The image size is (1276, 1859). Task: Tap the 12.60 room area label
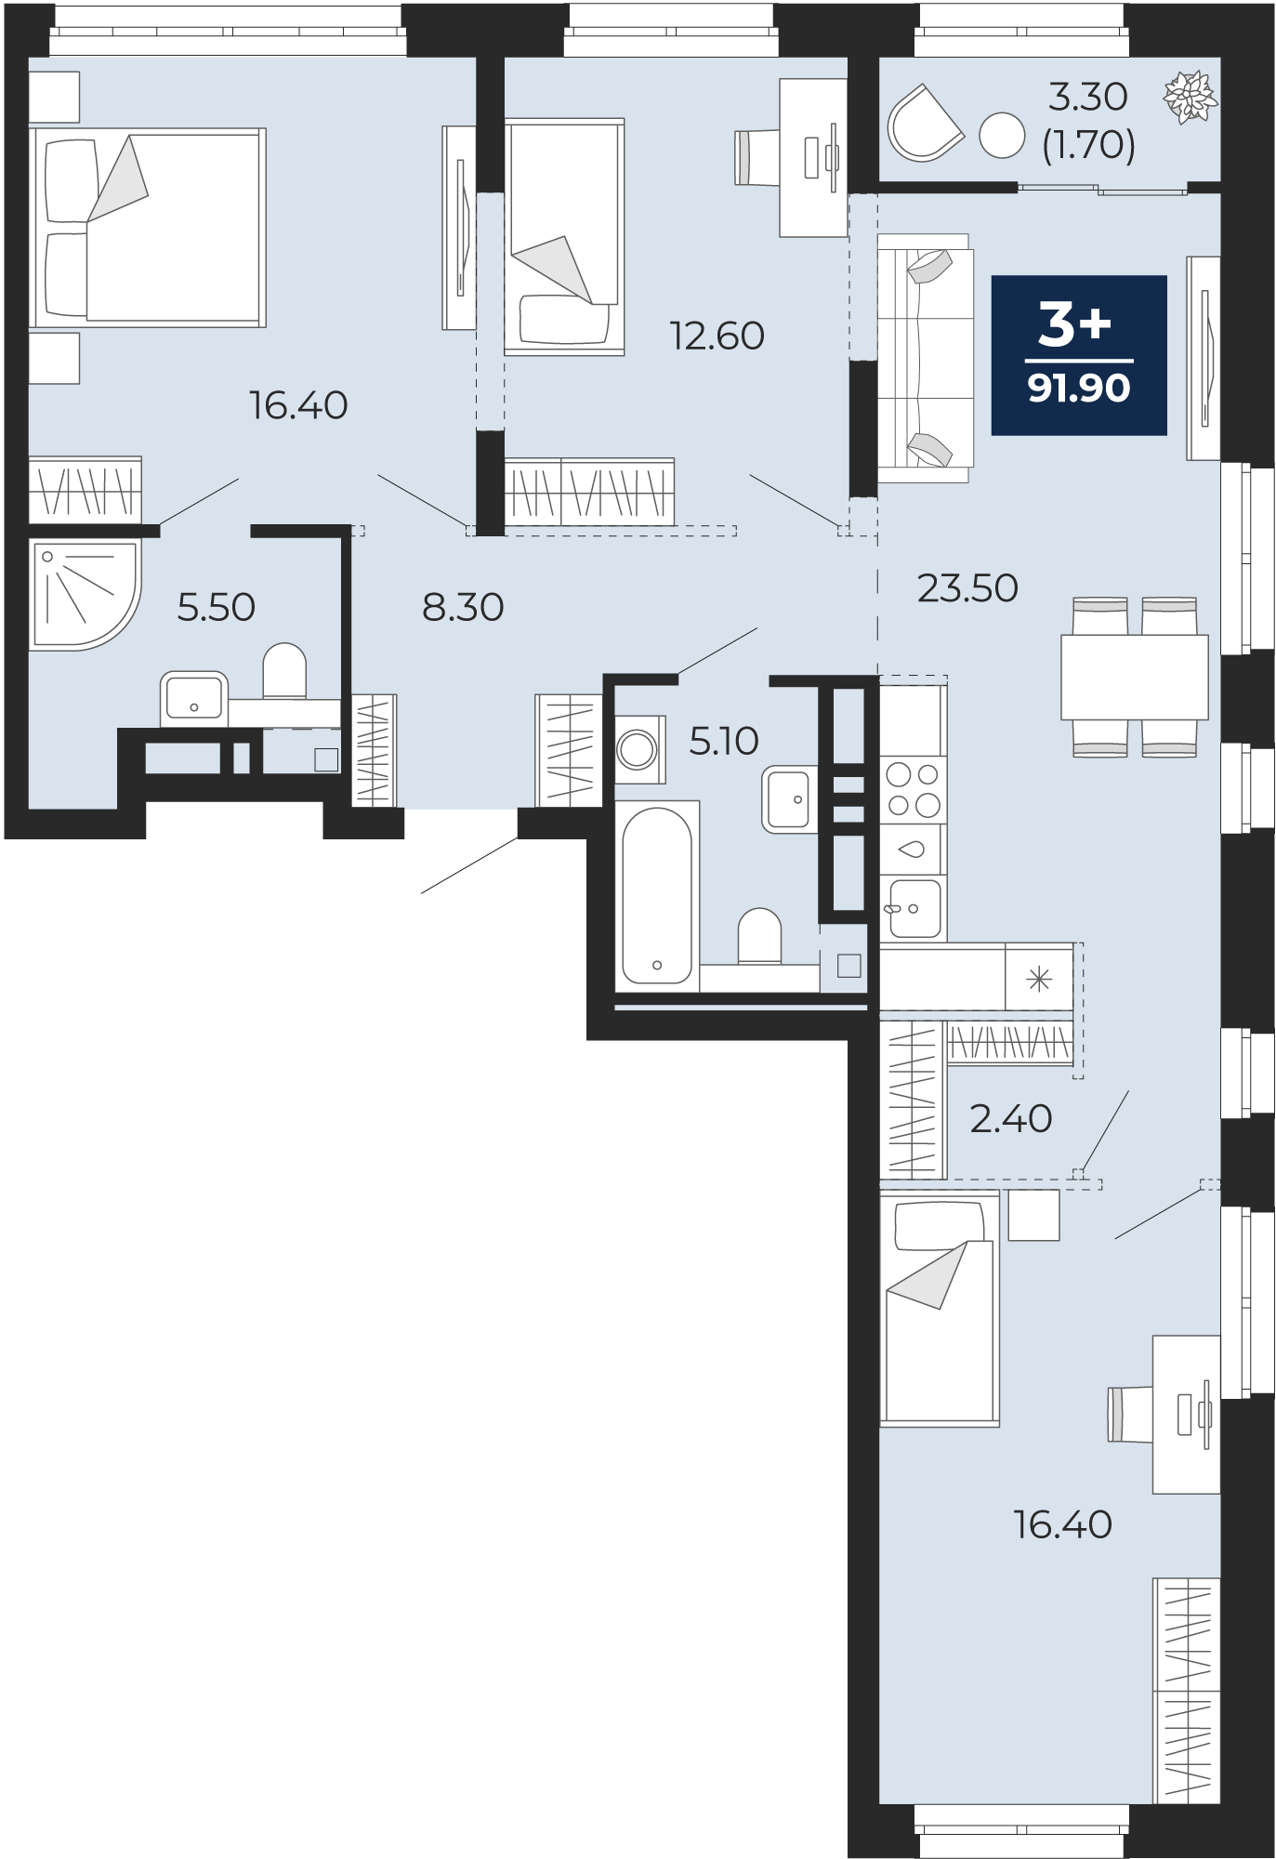(x=717, y=336)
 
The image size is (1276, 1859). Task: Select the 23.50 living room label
(x=967, y=588)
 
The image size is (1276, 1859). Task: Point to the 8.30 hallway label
(x=463, y=607)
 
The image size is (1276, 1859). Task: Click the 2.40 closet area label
(x=1011, y=1119)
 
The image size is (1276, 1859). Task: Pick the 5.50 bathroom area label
(x=217, y=607)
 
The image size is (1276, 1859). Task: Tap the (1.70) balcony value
(x=1088, y=145)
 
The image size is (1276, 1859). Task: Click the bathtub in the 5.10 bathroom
(x=657, y=895)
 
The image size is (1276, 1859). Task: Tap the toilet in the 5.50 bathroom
(x=284, y=671)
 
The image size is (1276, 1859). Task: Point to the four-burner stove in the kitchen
(x=914, y=790)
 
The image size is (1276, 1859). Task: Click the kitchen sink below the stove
(x=914, y=907)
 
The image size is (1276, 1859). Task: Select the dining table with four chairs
(x=1135, y=677)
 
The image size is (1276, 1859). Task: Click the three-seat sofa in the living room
(x=925, y=358)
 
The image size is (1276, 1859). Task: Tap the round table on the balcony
(x=1002, y=135)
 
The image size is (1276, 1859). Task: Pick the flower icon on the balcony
(x=1190, y=97)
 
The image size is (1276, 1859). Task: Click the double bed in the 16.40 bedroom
(x=147, y=228)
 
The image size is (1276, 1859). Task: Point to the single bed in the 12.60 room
(x=564, y=236)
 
